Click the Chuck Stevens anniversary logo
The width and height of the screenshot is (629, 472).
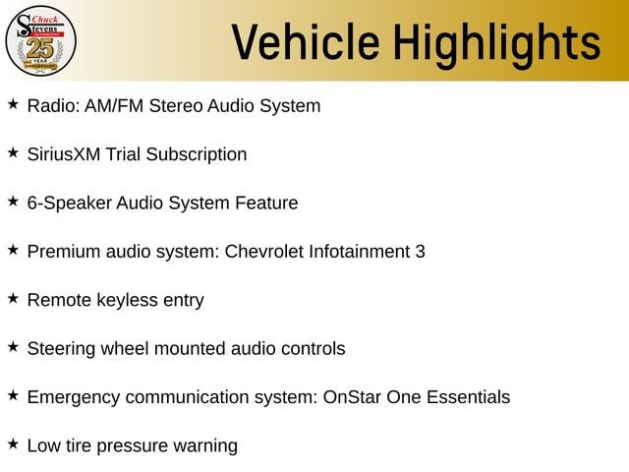[40, 41]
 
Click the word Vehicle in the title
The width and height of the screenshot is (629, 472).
[306, 42]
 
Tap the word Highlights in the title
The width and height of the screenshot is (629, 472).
[497, 45]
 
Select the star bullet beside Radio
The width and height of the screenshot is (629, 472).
[13, 104]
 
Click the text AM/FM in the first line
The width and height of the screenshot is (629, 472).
[114, 106]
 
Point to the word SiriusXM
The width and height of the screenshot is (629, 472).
[64, 154]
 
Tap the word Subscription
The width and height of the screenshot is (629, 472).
[197, 155]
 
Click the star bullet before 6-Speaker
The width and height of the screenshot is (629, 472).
[13, 201]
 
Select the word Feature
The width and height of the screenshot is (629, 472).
[266, 203]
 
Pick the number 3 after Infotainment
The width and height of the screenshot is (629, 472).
[420, 252]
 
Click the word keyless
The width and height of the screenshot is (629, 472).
[128, 301]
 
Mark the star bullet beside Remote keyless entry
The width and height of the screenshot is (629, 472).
[13, 298]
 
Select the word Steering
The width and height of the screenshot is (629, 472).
[61, 349]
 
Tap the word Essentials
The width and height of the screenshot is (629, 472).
[468, 397]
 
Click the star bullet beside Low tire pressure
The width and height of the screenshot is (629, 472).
[13, 443]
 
